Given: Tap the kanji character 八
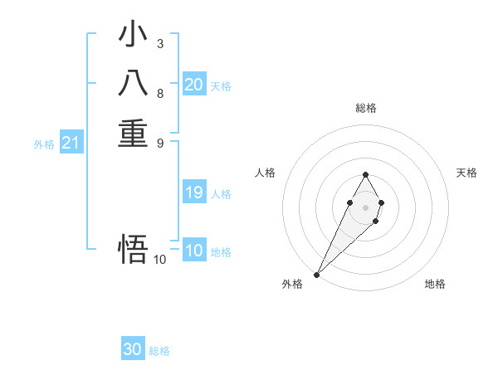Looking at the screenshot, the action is [133, 84].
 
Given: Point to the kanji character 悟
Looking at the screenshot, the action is [133, 249].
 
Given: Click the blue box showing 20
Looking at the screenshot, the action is [194, 85].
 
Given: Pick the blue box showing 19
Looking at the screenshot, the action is [194, 193].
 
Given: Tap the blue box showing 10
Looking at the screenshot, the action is [194, 251].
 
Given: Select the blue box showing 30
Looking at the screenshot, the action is [133, 349].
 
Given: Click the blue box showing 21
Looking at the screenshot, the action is [71, 143].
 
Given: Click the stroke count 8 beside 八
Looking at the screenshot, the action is [159, 93].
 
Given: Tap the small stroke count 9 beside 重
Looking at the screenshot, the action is [159, 142].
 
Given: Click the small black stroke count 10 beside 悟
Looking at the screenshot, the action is [159, 260].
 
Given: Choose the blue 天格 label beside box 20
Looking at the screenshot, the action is [221, 86].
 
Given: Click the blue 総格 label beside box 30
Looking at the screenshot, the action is [159, 351].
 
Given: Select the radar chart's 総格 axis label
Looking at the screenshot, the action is [365, 108].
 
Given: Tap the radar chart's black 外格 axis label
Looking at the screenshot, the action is [292, 284].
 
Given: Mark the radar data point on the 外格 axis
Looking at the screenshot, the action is [317, 274].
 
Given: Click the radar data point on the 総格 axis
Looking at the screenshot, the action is [365, 174].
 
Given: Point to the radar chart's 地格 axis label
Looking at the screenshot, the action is [435, 284].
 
